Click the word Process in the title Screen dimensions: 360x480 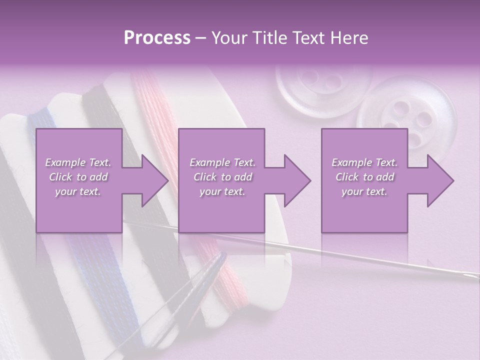click(x=157, y=38)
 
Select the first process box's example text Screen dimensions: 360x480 click(x=78, y=177)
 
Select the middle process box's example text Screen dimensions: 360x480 click(x=222, y=177)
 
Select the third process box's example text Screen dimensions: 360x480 click(x=364, y=177)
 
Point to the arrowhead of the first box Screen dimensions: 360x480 click(x=155, y=180)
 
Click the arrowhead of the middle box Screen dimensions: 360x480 click(x=297, y=180)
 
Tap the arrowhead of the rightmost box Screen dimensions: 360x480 click(x=440, y=180)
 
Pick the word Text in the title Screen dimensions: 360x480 click(x=304, y=38)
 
